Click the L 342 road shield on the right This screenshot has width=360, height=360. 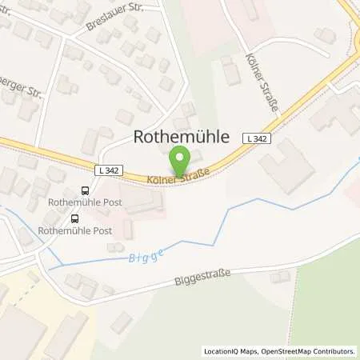point(256,138)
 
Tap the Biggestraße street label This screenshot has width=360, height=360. point(201,279)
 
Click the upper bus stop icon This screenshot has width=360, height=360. point(85,190)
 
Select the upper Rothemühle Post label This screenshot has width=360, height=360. point(86,202)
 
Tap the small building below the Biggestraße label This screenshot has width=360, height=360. point(279,277)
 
